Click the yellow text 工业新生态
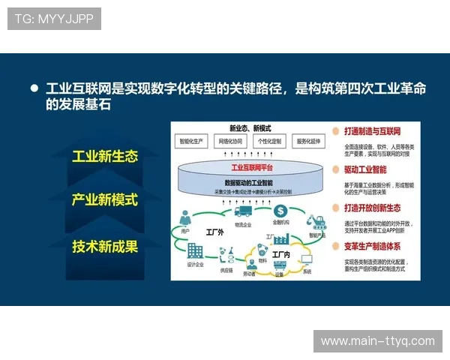105,157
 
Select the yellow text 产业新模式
105,200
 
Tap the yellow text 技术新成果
105,245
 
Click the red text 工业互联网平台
250,167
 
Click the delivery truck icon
242,212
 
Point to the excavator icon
315,220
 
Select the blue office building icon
195,251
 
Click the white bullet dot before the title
34,88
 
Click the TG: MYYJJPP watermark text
54,18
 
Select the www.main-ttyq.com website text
377,340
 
